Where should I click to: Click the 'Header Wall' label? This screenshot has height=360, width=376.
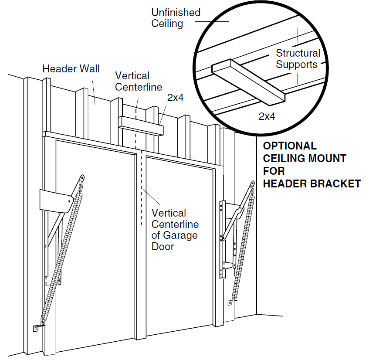(71, 68)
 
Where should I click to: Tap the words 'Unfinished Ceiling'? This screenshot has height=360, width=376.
(176, 18)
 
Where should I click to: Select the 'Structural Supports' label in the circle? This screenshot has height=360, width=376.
(298, 59)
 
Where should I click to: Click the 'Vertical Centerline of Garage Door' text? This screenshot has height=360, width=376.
(174, 230)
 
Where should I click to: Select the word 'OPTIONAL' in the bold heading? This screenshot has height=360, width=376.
(289, 146)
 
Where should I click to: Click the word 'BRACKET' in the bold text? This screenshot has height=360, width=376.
(335, 184)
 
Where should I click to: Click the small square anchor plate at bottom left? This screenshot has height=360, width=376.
(35, 329)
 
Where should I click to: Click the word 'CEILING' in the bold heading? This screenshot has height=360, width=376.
(285, 159)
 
